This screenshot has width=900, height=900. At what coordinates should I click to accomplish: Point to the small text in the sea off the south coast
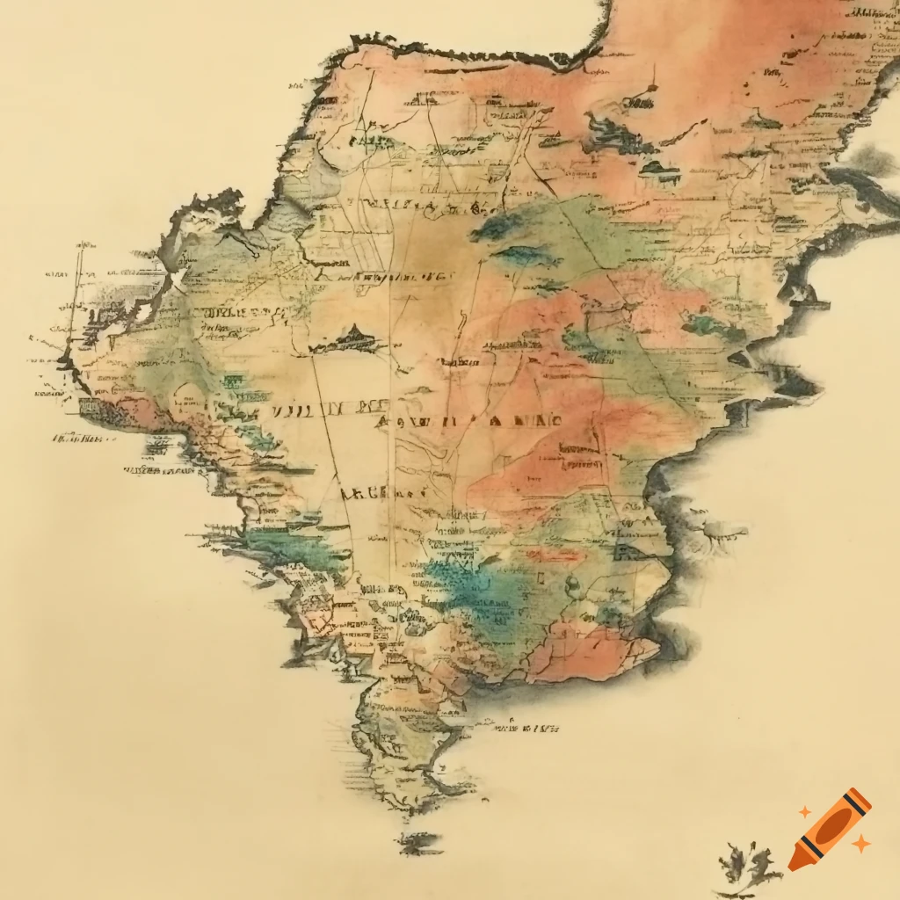tap(523, 727)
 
